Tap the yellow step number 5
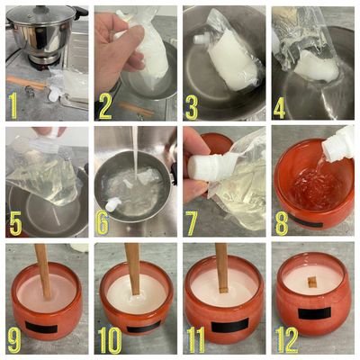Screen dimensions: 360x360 click(15, 223)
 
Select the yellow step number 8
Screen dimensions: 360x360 click(282, 223)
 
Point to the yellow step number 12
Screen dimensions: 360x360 click(286, 340)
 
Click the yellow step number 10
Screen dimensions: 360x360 click(110, 340)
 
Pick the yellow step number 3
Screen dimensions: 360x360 click(192, 107)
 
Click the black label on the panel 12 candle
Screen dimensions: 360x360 click(314, 313)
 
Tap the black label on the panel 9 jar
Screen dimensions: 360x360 click(41, 327)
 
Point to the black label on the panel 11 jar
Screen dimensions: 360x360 click(229, 325)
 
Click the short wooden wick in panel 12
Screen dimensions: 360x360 click(312, 282)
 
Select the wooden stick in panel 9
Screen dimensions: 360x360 click(43, 272)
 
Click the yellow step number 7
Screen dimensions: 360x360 click(192, 223)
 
